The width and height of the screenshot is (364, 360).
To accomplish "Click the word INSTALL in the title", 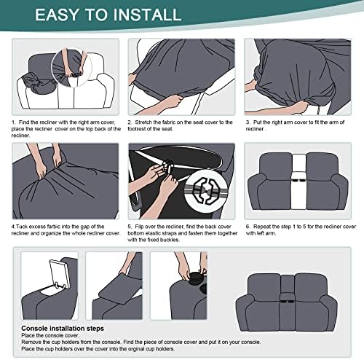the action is point(147,15).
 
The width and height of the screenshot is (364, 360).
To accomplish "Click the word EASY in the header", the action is point(57,15).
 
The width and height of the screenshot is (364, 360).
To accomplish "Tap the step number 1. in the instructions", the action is point(14,122).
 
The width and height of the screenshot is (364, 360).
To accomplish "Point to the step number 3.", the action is point(248,122).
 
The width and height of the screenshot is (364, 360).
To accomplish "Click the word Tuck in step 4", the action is point(21,227).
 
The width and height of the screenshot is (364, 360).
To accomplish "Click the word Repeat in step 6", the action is point(261,227).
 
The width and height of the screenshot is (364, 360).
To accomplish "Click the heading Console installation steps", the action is point(63,329).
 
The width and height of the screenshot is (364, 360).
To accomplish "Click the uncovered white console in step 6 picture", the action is point(298,181).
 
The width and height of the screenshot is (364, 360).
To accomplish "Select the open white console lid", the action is point(60,274).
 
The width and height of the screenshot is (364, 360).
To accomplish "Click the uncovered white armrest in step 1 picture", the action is point(105,92).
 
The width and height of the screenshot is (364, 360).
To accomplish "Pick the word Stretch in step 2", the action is point(143,122).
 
